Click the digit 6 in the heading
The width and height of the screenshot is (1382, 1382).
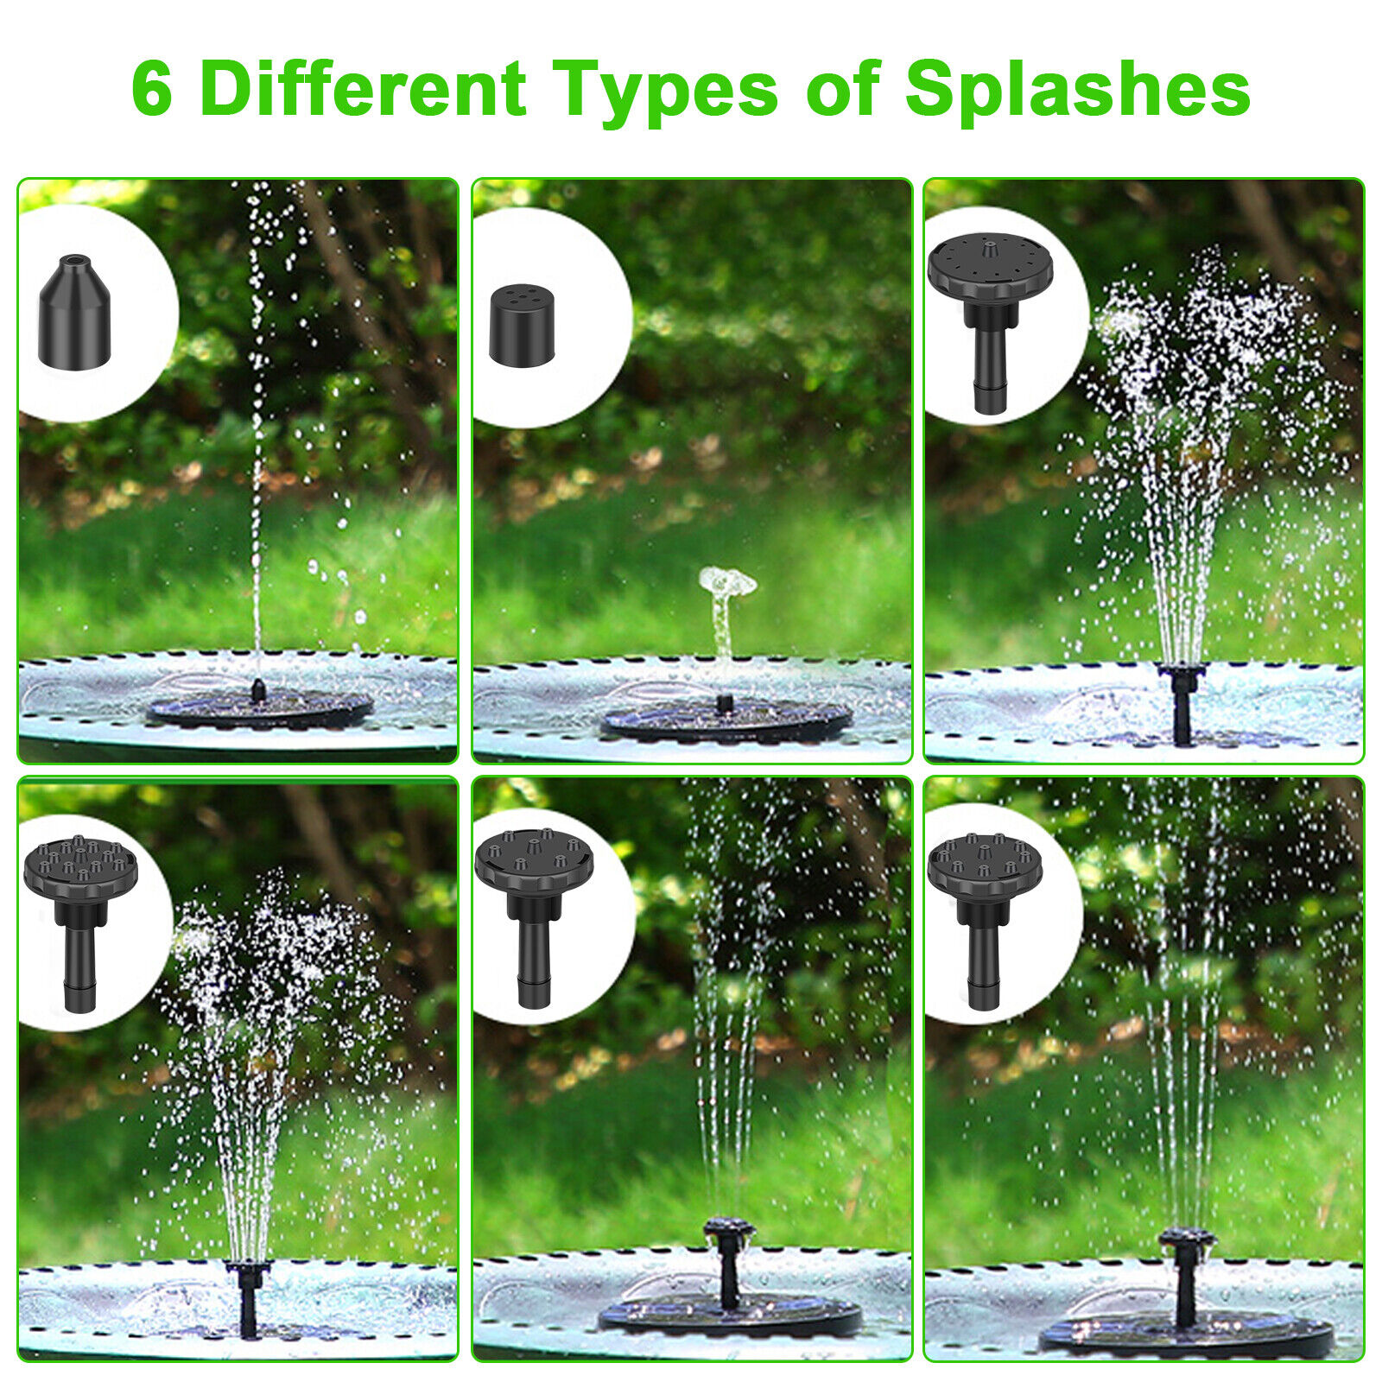click(x=152, y=90)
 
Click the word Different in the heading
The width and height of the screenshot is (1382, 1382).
click(x=363, y=88)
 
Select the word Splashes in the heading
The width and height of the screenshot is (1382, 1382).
click(x=1077, y=90)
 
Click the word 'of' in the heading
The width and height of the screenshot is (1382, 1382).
click(x=842, y=88)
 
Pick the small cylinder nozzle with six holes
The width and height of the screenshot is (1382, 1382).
click(x=522, y=326)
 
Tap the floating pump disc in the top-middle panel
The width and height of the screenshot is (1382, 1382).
click(x=726, y=721)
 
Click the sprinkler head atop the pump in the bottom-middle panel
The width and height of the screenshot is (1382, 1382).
click(x=729, y=1231)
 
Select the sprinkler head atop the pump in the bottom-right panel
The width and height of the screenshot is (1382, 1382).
click(x=1187, y=1244)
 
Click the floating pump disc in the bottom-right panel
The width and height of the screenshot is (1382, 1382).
click(x=1185, y=1334)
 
